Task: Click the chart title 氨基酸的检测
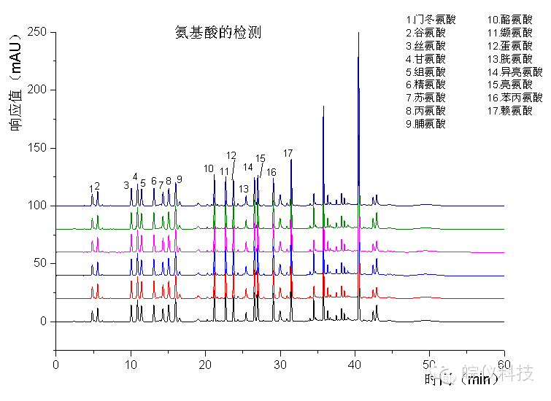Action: [x=217, y=33]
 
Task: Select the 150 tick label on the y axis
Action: [x=36, y=148]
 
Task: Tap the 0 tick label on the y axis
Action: [x=44, y=322]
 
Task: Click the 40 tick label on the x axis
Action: [x=355, y=363]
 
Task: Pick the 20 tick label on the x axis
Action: [x=205, y=363]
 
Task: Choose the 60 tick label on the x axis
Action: [x=504, y=363]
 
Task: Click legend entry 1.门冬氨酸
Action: [x=430, y=19]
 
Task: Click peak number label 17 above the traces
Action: [x=288, y=153]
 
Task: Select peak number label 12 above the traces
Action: [x=231, y=155]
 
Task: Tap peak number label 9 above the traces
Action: [x=179, y=179]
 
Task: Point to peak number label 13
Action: [x=244, y=189]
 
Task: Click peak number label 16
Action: [x=271, y=172]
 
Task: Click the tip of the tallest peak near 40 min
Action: [x=358, y=34]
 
